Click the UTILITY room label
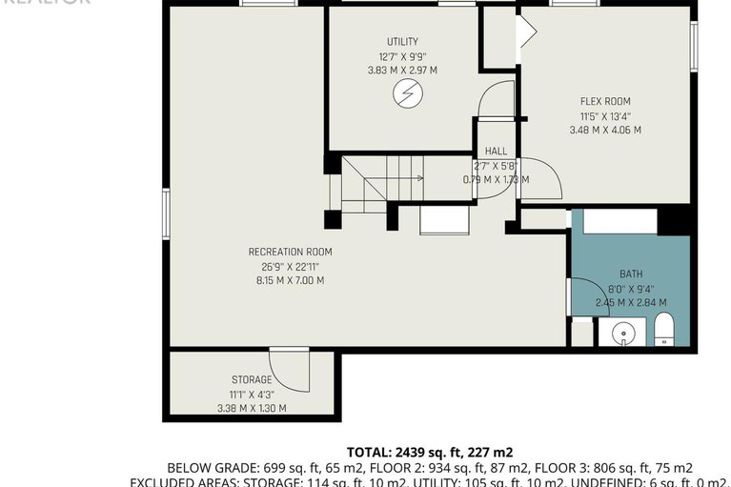(401, 42)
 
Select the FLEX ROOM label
(604, 101)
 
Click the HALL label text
(496, 152)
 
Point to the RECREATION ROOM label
(290, 252)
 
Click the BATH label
(630, 274)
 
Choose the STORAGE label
(252, 379)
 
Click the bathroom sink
(622, 333)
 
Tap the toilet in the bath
(664, 330)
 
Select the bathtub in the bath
(619, 221)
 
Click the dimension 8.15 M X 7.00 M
(290, 280)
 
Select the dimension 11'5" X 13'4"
(604, 115)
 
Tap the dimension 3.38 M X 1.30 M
(252, 408)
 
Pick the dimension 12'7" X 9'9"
(401, 56)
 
